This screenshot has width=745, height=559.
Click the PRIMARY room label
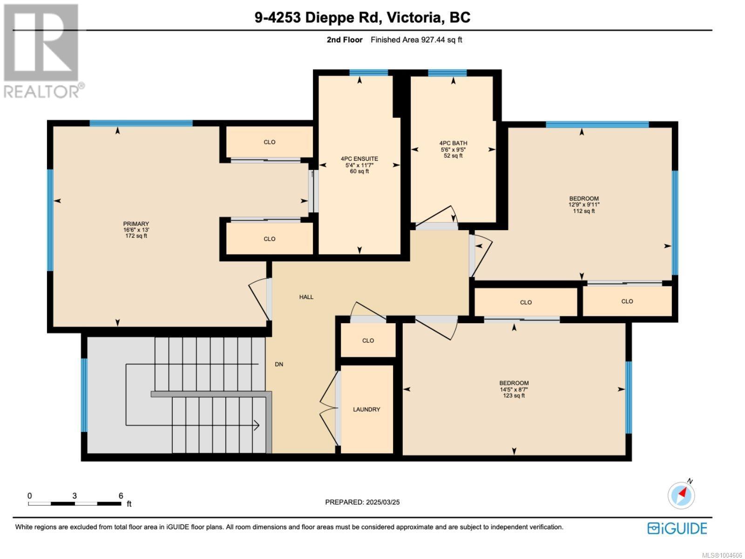pos(136,224)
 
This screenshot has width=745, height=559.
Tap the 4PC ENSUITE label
pos(359,158)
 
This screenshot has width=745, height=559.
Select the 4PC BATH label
pos(453,143)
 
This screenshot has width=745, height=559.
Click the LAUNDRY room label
pos(366,409)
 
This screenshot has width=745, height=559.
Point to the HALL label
pos(306,297)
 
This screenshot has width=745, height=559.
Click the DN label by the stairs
pos(279,364)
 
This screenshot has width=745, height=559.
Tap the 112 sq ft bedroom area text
pos(584,211)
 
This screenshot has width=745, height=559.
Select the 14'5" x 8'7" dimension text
pos(514,389)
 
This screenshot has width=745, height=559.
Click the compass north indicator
pos(681,495)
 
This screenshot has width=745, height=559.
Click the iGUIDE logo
pos(677,528)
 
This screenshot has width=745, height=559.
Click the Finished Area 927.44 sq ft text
pos(416,40)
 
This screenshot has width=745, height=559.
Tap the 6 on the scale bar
pos(121,496)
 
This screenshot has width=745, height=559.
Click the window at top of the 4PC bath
pos(447,73)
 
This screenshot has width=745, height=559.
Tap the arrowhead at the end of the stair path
pos(257,425)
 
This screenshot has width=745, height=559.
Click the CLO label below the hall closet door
pos(368,341)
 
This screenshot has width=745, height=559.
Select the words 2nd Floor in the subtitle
pos(345,40)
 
